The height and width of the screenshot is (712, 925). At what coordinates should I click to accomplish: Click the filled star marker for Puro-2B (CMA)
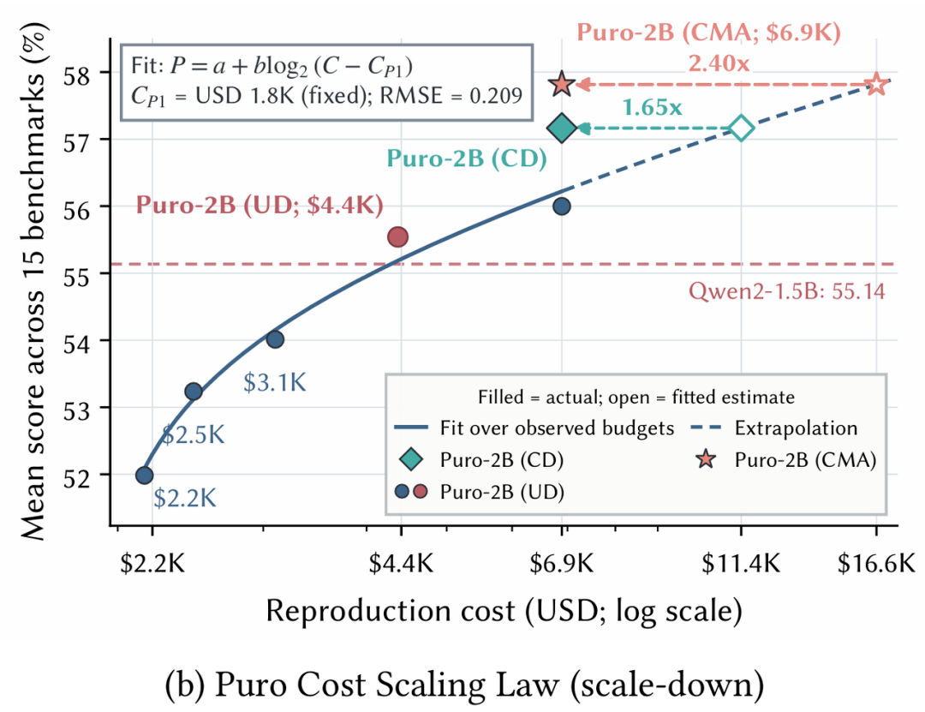562,85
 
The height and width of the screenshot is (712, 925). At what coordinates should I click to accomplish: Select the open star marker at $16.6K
877,85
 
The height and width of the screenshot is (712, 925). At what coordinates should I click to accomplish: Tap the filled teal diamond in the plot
562,129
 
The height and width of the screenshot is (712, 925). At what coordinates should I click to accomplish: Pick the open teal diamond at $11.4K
742,129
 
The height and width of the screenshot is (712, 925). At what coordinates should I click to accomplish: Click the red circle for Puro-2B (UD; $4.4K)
398,236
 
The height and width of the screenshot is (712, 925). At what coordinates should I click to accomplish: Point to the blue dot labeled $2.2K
145,476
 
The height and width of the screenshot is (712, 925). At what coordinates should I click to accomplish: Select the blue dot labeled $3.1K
275,339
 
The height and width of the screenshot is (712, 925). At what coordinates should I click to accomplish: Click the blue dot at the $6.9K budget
562,206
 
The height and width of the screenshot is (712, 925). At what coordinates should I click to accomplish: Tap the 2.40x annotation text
719,63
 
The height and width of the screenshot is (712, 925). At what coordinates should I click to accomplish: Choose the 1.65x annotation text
652,107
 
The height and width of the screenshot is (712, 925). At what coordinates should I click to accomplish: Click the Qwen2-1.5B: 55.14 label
787,291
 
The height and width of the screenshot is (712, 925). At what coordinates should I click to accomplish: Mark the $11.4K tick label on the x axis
741,564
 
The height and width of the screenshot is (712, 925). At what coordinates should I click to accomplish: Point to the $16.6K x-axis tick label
877,564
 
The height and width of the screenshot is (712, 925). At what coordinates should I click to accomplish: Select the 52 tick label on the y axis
79,476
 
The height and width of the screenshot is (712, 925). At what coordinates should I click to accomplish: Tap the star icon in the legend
706,459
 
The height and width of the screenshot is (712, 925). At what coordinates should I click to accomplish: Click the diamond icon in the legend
411,459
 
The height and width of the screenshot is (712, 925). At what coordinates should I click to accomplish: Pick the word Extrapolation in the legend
796,428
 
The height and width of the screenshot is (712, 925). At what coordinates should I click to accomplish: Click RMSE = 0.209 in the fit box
451,95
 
